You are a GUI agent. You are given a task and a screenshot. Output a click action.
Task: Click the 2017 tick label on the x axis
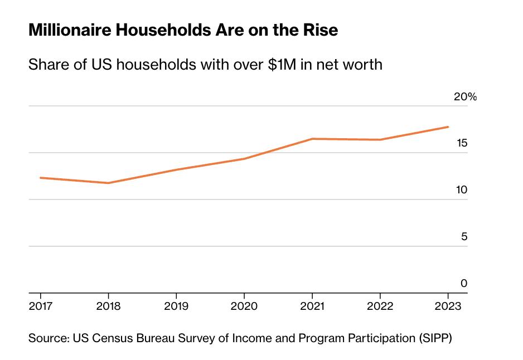click(x=40, y=306)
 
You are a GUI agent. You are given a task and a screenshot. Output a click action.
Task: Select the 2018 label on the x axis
click(x=108, y=306)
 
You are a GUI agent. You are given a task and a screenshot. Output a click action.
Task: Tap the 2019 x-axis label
click(x=176, y=306)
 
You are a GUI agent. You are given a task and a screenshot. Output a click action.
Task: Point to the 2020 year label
click(x=244, y=306)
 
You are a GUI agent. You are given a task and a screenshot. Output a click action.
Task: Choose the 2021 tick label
click(x=312, y=306)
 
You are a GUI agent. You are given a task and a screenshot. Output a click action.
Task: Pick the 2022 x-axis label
click(x=380, y=306)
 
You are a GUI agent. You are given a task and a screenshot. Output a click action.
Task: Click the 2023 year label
click(x=448, y=306)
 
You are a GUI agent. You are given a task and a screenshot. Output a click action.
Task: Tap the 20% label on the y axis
click(x=465, y=97)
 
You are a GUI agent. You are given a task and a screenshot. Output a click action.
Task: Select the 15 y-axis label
click(x=462, y=143)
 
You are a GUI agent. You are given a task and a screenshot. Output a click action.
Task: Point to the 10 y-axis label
click(x=462, y=190)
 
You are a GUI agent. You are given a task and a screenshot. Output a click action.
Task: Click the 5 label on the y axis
click(x=464, y=237)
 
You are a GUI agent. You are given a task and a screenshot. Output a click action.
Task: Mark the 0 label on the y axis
click(x=464, y=284)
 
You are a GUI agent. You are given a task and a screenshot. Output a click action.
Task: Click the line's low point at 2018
click(x=108, y=183)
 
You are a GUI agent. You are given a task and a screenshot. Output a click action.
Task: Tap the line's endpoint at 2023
click(x=448, y=127)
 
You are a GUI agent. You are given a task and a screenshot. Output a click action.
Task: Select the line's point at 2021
click(x=312, y=139)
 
